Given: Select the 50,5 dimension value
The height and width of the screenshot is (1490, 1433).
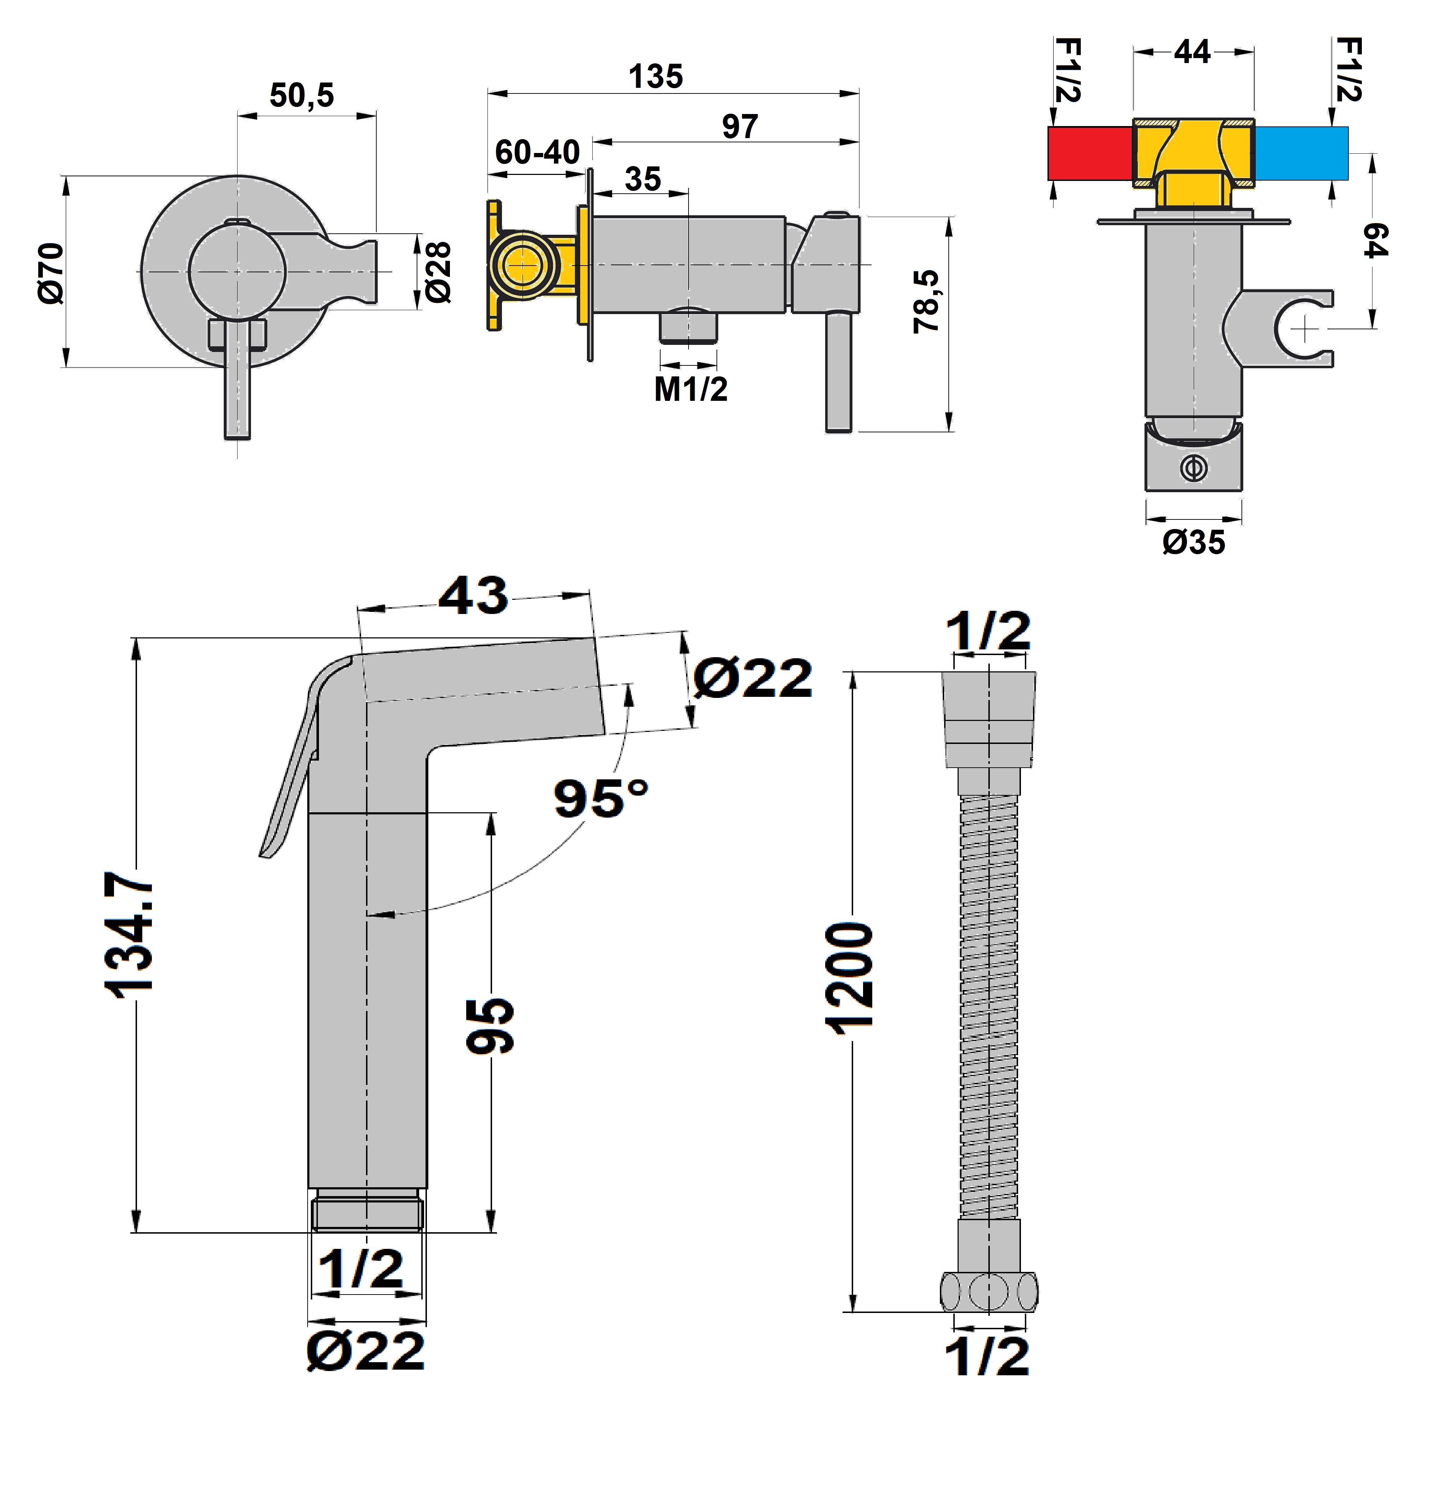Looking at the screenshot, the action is [x=302, y=96].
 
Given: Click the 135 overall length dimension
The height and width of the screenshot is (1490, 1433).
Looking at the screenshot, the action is [x=656, y=77].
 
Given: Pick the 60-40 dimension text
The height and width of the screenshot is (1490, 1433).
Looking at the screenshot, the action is [x=537, y=153].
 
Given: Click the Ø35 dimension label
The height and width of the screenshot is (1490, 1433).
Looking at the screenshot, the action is [x=1194, y=542].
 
